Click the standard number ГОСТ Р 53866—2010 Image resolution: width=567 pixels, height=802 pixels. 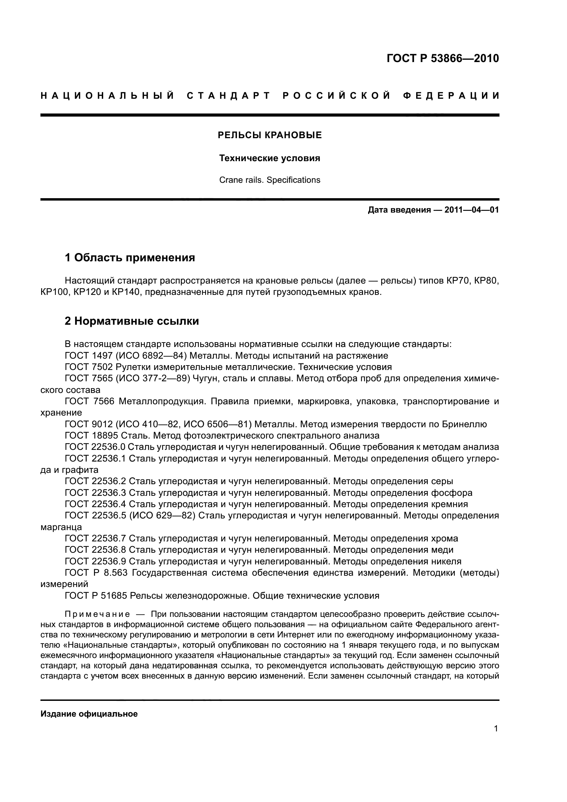coord(443,58)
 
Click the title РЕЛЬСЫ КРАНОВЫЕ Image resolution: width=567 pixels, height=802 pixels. coord(269,135)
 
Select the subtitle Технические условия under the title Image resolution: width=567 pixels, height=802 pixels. coord(269,158)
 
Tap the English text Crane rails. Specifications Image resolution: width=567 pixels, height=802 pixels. coord(269,180)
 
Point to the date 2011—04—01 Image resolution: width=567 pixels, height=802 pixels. coord(471,210)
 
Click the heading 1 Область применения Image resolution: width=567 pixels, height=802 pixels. coord(130,258)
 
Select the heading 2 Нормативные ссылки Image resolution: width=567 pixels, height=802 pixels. coord(132,321)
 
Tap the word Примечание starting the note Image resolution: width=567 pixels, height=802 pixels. coord(97,614)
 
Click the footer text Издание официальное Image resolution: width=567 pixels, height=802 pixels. coord(89,714)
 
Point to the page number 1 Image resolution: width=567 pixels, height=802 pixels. coord(496,729)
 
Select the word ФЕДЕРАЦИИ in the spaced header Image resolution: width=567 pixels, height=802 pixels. coord(451,96)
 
